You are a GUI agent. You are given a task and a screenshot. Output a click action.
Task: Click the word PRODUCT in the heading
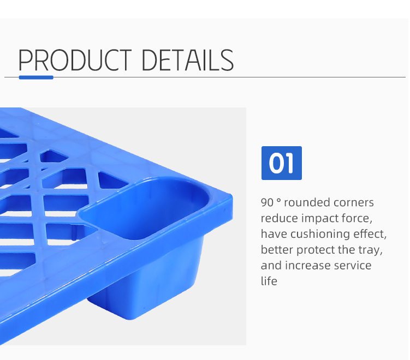pos(75,60)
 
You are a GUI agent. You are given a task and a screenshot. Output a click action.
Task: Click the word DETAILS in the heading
pos(188,60)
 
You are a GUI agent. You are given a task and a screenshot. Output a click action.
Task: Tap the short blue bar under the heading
pos(36,77)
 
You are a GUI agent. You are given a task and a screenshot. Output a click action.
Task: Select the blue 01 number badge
pos(281,163)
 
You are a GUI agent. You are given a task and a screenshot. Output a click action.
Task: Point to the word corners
pos(353,203)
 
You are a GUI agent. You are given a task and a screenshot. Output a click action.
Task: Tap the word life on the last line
pos(269,281)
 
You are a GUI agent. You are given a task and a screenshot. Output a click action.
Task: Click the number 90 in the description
pos(267,203)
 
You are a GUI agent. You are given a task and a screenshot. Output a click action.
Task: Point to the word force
pos(358,219)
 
